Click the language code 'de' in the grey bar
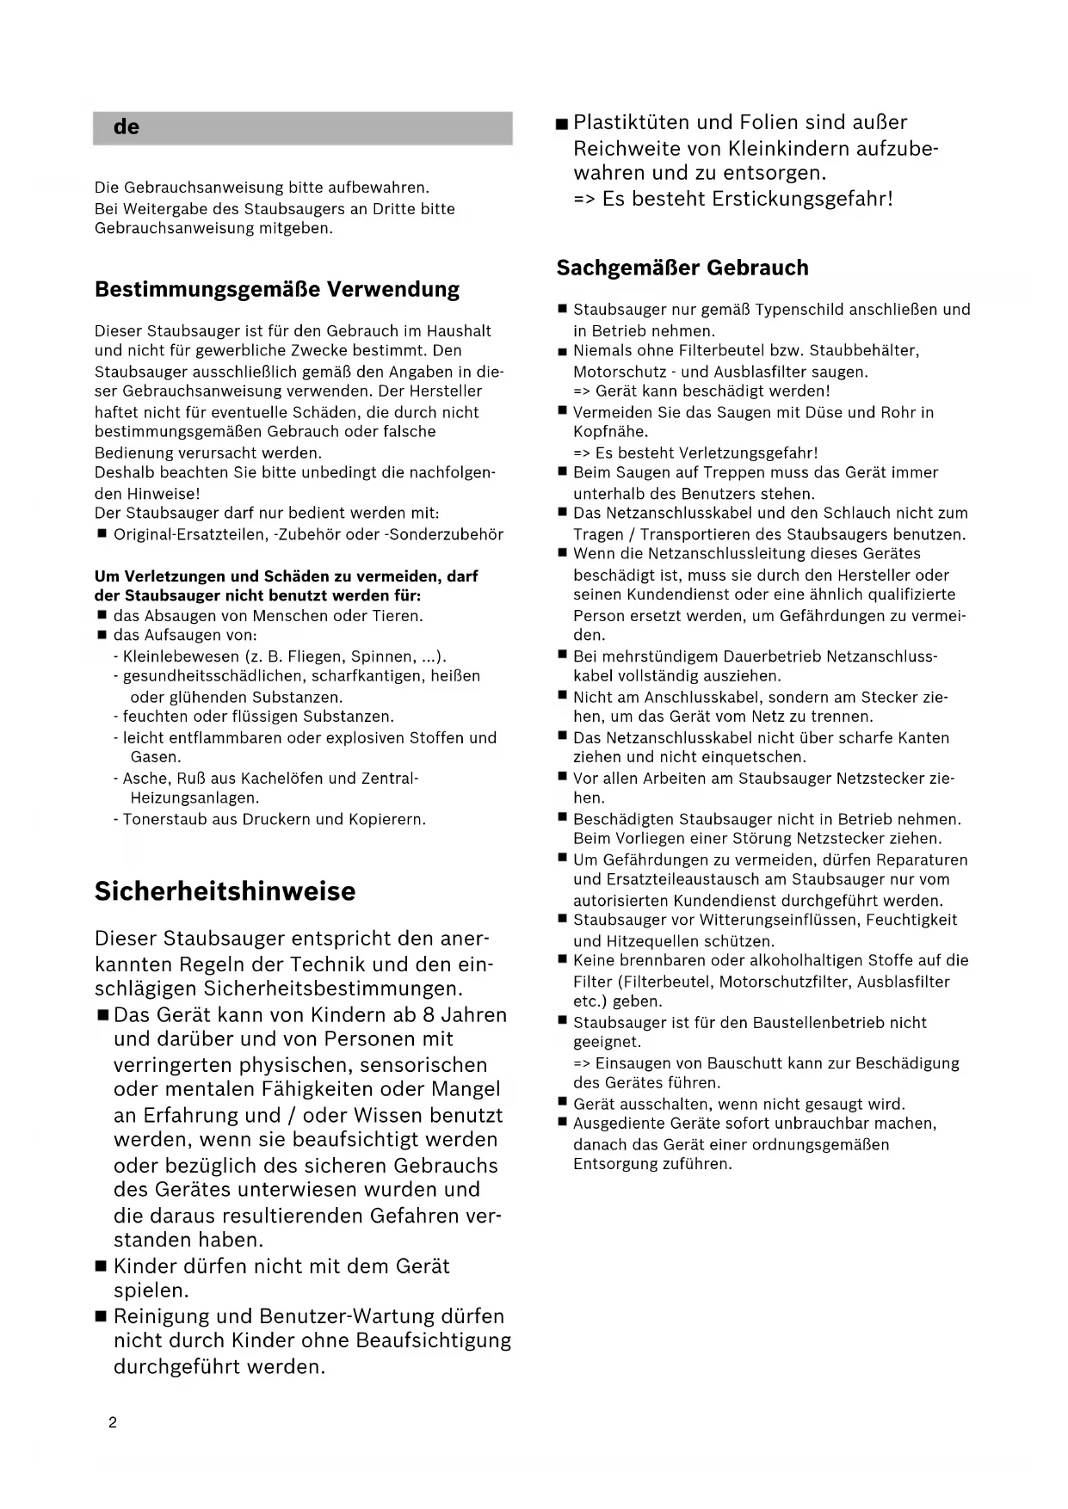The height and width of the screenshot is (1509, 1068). (x=126, y=127)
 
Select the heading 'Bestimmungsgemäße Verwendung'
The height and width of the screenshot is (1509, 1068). (x=277, y=289)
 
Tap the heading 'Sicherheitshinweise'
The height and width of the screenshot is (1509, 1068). (x=225, y=891)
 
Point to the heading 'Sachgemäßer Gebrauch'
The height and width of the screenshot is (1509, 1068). (x=682, y=268)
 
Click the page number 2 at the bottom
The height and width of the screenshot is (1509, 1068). (x=113, y=1422)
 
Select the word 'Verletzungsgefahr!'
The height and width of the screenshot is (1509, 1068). (x=749, y=453)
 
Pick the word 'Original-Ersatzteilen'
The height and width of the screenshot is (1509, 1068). (x=190, y=534)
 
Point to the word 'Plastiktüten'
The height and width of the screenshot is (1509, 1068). (x=633, y=122)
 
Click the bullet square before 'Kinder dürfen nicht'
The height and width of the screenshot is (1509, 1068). (x=101, y=1266)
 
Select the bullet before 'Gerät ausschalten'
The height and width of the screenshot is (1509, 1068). (x=562, y=1103)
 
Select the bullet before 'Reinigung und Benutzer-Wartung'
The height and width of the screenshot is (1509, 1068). (x=101, y=1316)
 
